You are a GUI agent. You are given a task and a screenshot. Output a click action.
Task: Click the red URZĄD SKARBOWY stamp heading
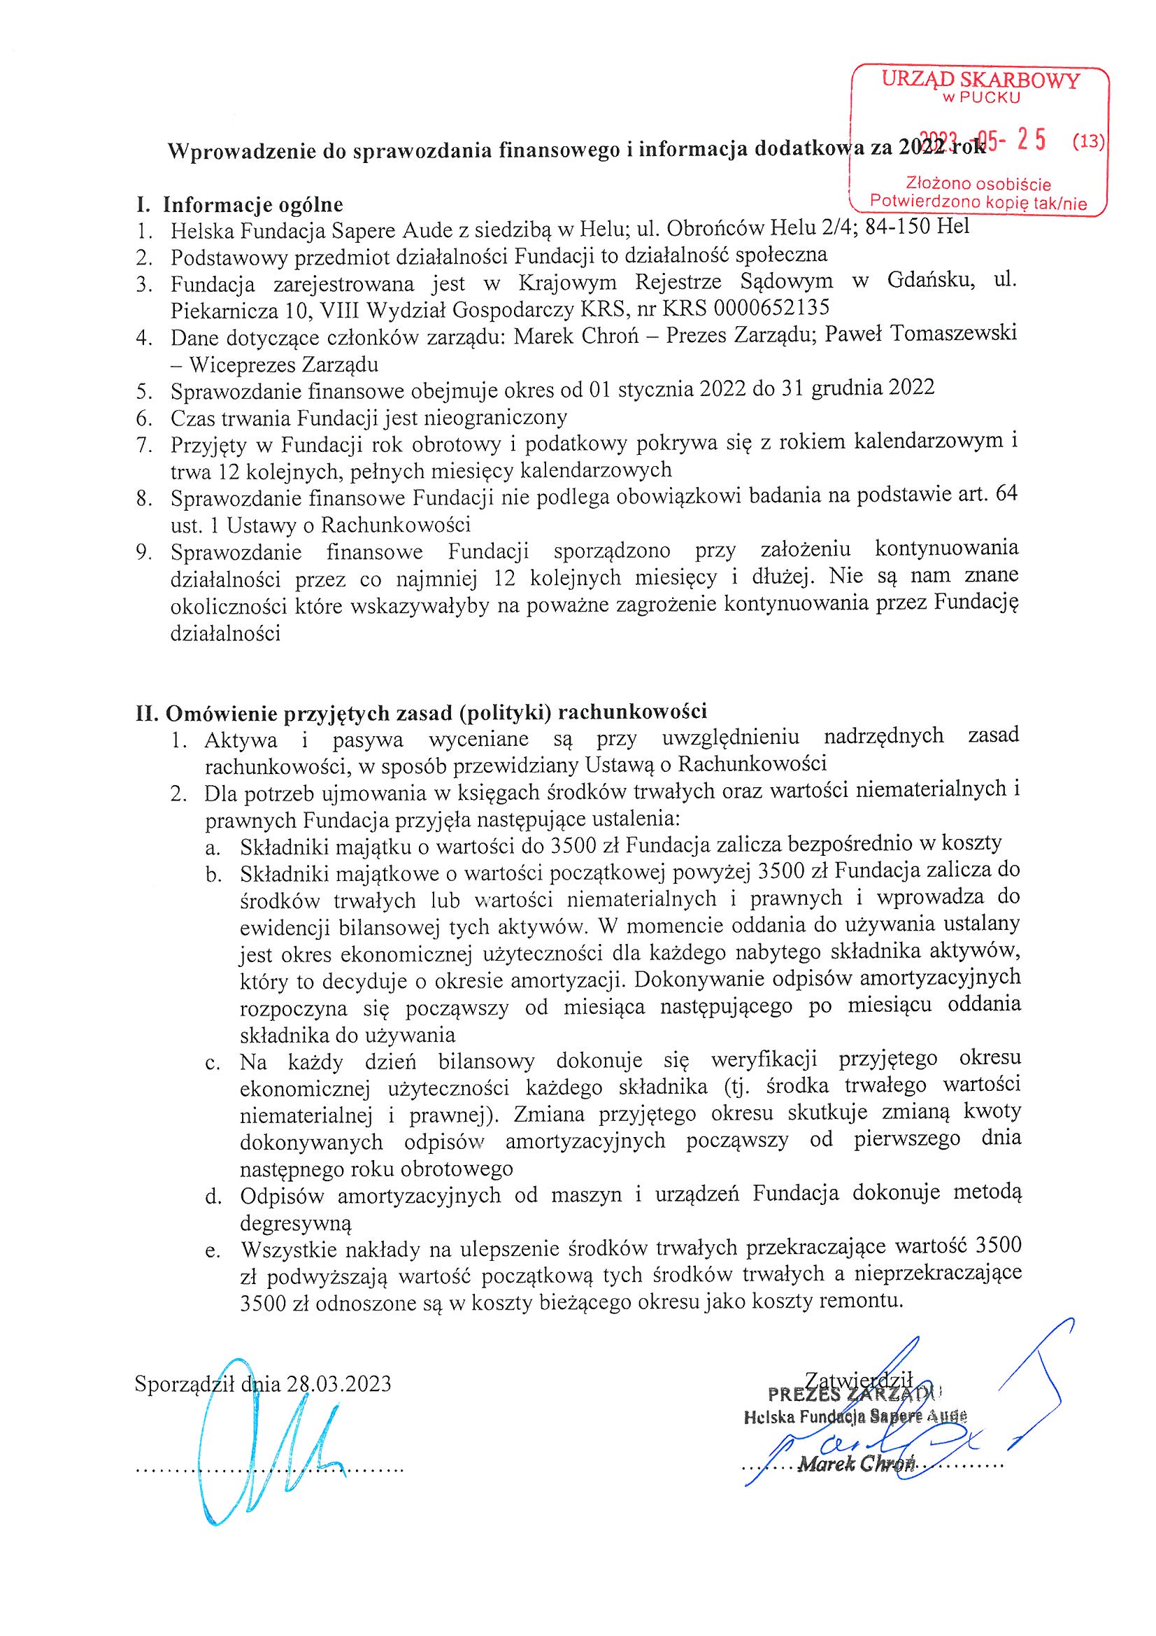point(980,80)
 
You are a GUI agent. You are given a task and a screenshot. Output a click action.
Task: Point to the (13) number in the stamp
point(1087,142)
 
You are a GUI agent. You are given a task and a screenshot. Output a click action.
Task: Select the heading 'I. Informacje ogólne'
point(239,205)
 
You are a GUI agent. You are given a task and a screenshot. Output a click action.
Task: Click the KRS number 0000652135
point(771,309)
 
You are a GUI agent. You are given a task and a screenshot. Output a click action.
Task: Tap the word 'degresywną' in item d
point(297,1223)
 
